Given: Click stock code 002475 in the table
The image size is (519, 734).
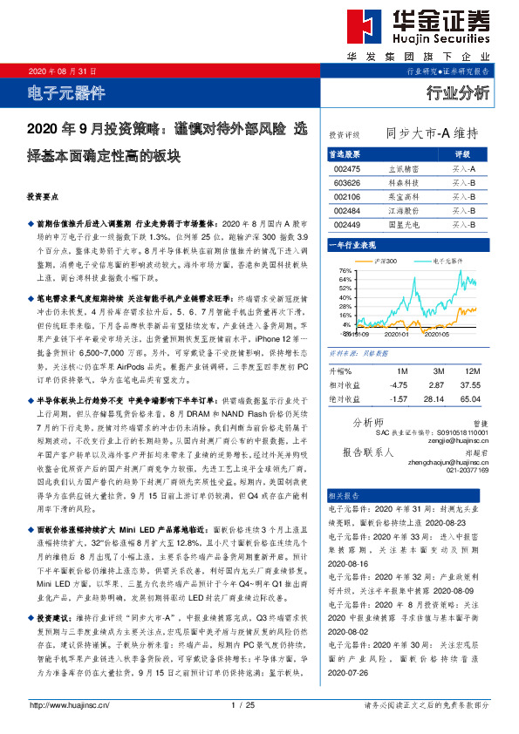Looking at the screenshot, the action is tap(346, 168).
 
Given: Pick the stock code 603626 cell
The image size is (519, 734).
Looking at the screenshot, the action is tap(346, 183).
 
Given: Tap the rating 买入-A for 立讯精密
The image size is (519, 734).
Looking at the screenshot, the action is tap(463, 168).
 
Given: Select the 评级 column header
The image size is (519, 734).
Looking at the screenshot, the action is tap(462, 153).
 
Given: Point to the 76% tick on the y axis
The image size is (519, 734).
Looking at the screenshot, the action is tap(345, 272).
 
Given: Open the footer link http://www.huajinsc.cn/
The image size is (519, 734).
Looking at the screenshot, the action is tap(69, 705).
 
